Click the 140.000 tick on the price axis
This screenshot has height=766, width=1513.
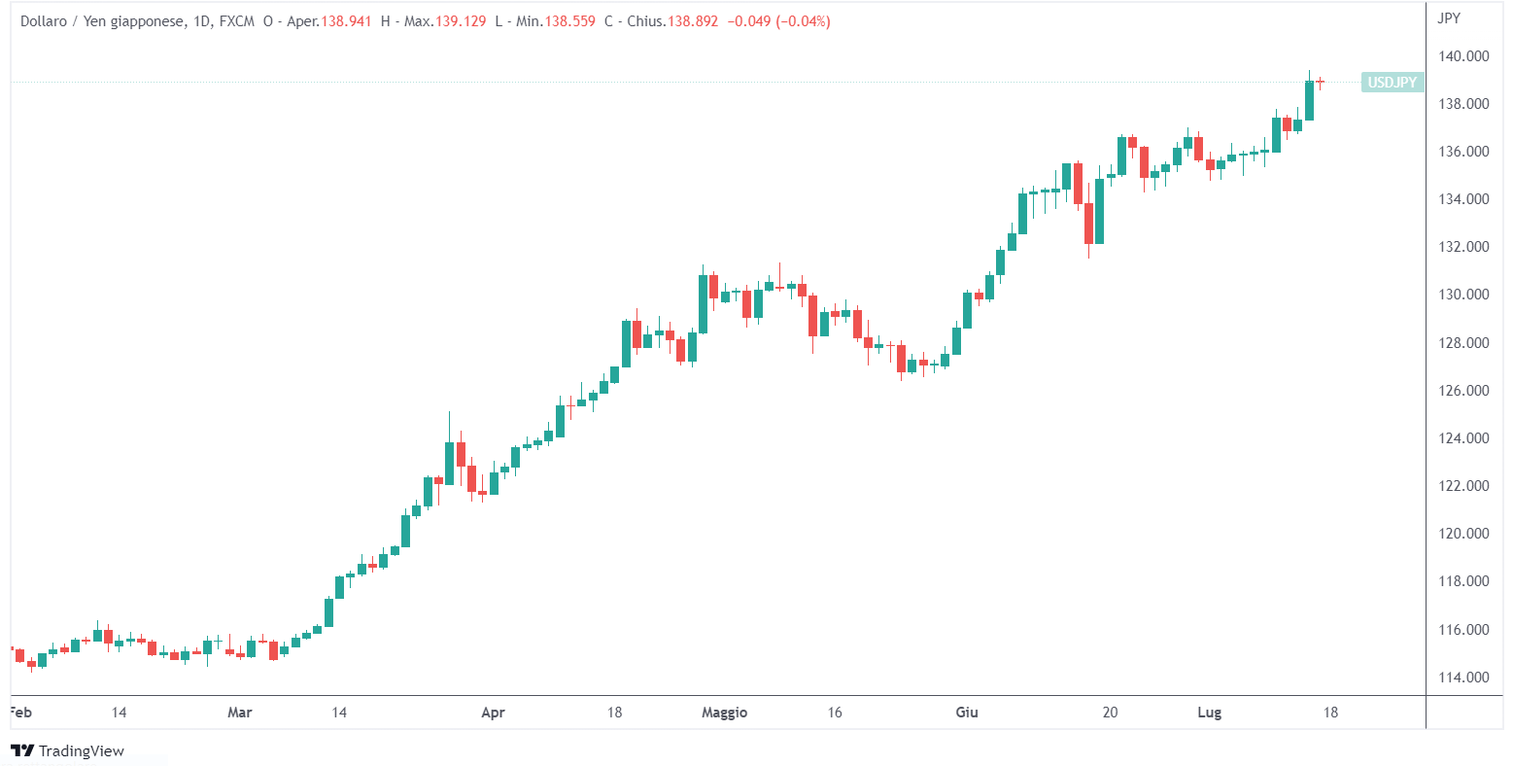(x=1462, y=56)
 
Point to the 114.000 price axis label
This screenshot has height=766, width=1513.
(x=1462, y=678)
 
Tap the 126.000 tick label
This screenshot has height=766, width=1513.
(x=1462, y=391)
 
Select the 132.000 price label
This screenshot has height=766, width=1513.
(x=1462, y=247)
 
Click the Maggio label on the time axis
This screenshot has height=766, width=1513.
(x=724, y=713)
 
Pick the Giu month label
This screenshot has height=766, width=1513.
(x=966, y=713)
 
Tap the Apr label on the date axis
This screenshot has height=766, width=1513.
(x=493, y=713)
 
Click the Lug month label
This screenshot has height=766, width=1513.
(x=1209, y=713)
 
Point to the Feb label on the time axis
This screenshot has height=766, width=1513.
(x=20, y=713)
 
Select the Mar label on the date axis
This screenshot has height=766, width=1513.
(x=239, y=713)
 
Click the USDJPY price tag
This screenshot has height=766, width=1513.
(x=1392, y=83)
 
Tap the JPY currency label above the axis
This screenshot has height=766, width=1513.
(x=1448, y=17)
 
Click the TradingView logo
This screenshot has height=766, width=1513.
(x=67, y=750)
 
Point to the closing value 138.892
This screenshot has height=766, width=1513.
(x=692, y=21)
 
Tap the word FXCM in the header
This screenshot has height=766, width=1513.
(x=237, y=21)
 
